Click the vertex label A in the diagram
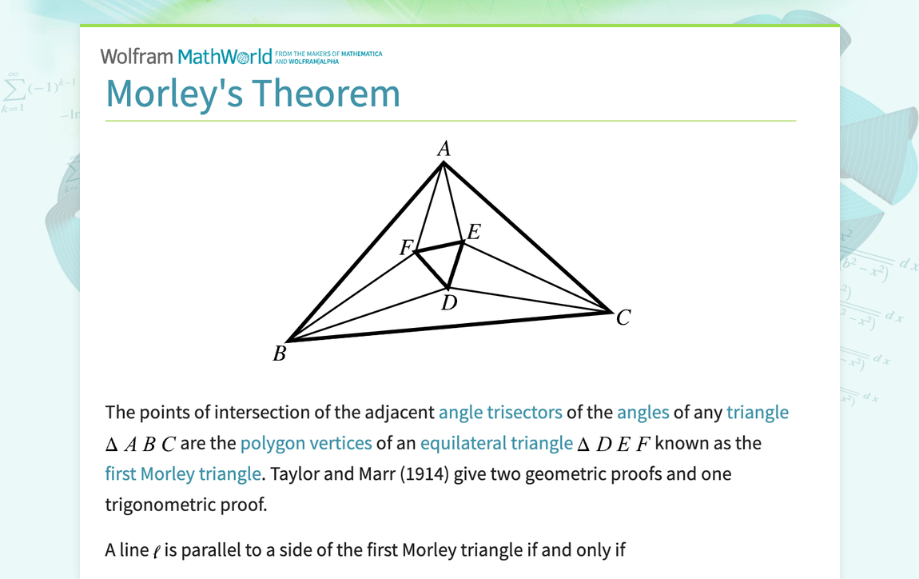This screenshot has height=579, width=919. click(444, 149)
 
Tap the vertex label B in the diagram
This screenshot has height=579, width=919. click(280, 353)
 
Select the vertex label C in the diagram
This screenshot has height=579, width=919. click(623, 317)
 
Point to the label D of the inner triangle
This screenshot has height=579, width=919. click(449, 303)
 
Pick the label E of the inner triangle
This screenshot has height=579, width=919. click(474, 232)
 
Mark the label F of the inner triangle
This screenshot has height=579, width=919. click(406, 248)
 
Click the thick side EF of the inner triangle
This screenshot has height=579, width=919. click(439, 246)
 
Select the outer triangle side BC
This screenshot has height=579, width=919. click(450, 326)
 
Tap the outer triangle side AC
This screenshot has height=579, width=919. click(527, 237)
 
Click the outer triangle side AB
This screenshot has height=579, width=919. click(365, 252)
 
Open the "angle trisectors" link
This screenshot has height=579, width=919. click(500, 413)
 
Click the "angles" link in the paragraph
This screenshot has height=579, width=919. click(643, 413)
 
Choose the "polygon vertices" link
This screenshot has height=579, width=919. click(306, 443)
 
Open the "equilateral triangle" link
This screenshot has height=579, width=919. click(496, 443)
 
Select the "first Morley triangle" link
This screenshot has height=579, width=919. click(183, 473)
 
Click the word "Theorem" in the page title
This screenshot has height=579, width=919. click(326, 94)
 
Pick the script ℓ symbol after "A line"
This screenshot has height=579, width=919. click(157, 552)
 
